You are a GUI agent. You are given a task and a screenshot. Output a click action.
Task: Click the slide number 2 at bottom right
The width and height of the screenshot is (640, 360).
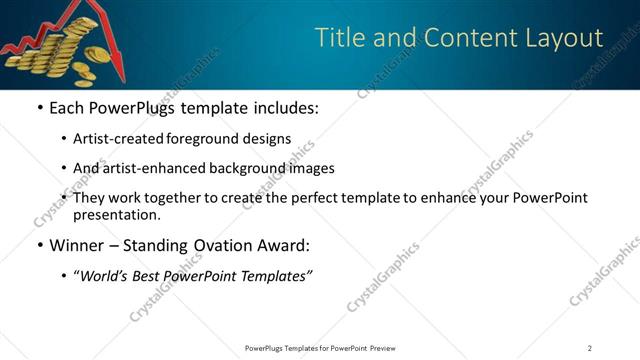tap(590, 347)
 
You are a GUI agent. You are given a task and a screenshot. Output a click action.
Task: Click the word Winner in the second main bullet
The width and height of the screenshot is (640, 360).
tap(80, 245)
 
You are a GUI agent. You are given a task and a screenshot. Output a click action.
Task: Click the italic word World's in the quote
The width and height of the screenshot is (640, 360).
tap(106, 275)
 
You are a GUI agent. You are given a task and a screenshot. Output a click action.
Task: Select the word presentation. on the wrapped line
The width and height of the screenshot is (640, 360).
tap(116, 214)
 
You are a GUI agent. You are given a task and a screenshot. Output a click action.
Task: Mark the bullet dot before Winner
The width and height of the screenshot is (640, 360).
tap(39, 245)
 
